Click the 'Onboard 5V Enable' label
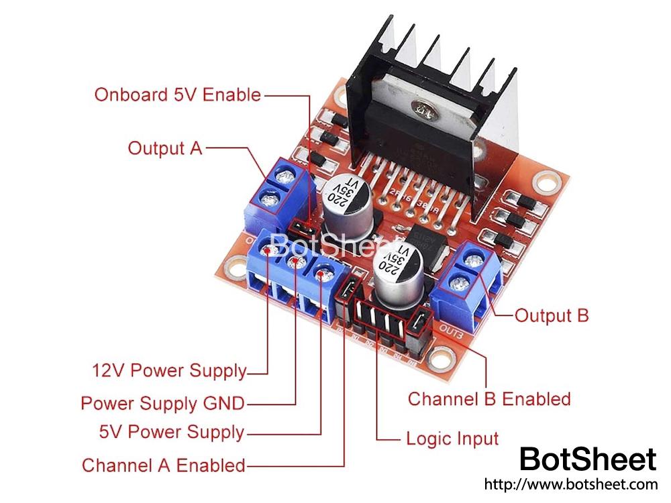[x=177, y=95]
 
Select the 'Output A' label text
[x=164, y=148]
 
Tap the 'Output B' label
[x=551, y=315]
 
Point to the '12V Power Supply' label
[x=168, y=370]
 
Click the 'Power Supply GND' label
[x=162, y=403]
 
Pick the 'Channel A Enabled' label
[x=163, y=465]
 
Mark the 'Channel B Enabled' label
[x=489, y=399]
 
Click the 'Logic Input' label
[x=452, y=439]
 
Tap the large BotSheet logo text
[x=588, y=459]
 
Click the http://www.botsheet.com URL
[x=570, y=484]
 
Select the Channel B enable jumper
[x=421, y=323]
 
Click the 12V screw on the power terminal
[x=270, y=251]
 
